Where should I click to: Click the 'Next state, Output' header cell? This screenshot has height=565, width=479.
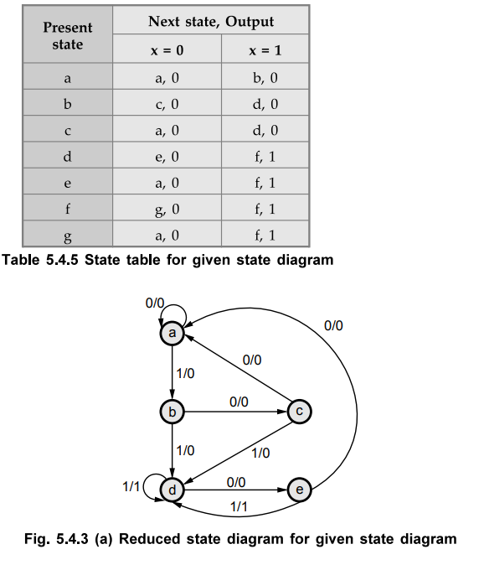coord(211,21)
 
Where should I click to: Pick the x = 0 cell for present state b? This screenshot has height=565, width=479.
coord(167,103)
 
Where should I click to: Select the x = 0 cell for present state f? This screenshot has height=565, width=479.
coord(167,208)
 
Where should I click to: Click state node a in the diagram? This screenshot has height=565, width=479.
coord(173,333)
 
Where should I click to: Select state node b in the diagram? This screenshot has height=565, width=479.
coord(173,412)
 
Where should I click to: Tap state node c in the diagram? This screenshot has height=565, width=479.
coord(299,412)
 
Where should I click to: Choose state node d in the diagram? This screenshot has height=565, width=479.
coord(173,490)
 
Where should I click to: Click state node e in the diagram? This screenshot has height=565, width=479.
coord(299,490)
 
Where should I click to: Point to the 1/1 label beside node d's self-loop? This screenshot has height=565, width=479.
coord(131,486)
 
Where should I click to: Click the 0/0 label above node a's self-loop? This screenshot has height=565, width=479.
coord(155,303)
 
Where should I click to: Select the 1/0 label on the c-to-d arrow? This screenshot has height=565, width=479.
coord(260,453)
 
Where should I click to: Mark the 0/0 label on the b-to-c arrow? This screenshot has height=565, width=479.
coord(239,402)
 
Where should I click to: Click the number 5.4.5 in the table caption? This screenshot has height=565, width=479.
coord(62,260)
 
